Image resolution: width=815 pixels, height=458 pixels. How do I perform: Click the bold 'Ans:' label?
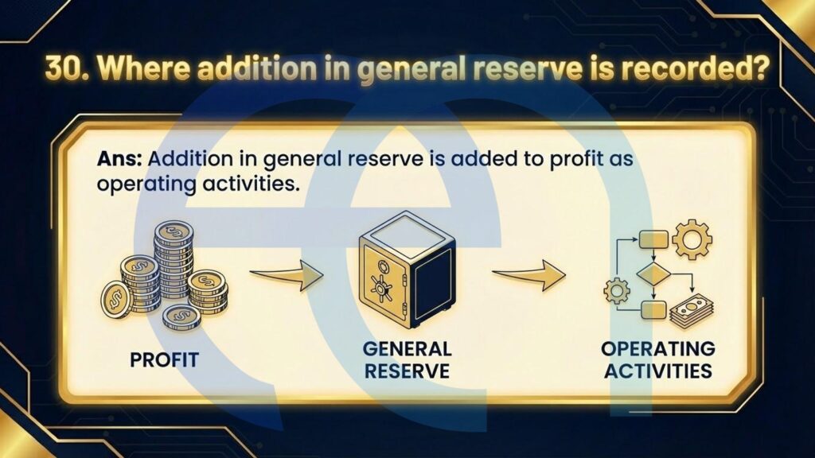tap(119, 158)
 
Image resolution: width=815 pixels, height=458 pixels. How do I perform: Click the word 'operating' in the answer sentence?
tap(146, 184)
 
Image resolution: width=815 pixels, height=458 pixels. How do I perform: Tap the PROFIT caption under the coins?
tap(164, 359)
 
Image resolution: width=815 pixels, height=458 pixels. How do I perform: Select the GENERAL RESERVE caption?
tap(407, 359)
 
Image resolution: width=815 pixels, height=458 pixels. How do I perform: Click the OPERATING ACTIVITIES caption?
tap(658, 359)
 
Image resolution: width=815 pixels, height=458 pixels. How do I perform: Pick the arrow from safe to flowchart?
tap(529, 275)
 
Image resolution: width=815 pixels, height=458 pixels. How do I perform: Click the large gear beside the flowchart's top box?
tap(692, 239)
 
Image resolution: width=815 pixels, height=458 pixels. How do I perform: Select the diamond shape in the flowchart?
tap(654, 275)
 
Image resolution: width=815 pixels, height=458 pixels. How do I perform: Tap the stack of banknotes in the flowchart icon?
tap(692, 311)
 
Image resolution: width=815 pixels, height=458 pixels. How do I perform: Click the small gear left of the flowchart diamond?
tap(617, 291)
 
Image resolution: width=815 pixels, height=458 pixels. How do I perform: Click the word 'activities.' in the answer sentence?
tap(252, 184)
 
